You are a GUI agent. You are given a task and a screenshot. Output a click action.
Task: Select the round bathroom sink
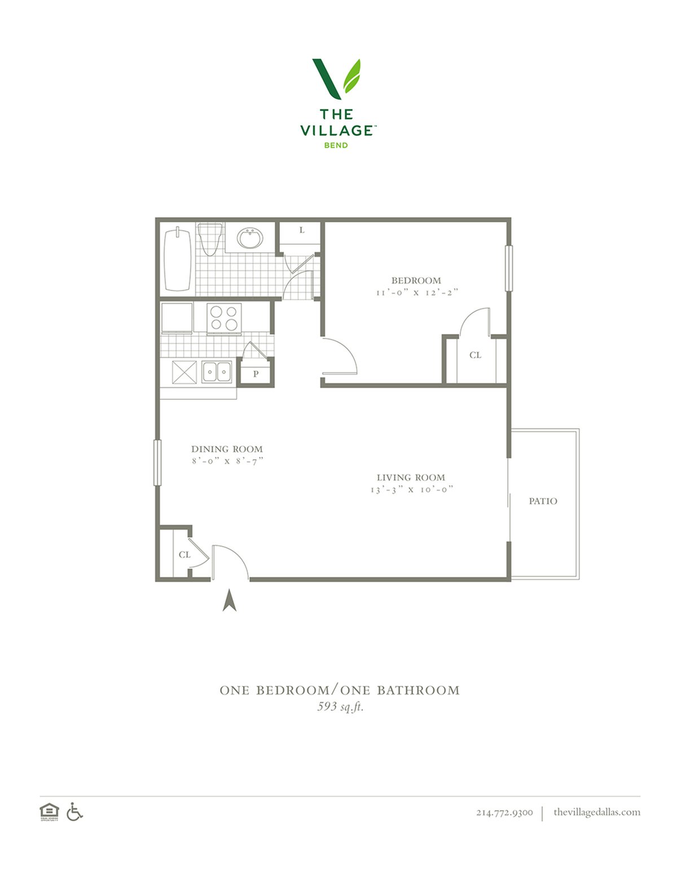point(249,238)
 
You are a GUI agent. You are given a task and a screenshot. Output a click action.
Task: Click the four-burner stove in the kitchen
point(224,319)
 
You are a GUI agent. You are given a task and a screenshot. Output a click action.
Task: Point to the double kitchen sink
point(217,371)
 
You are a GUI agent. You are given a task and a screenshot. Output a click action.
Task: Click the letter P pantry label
point(256,374)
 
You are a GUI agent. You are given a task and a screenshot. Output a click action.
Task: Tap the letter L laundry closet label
point(302,230)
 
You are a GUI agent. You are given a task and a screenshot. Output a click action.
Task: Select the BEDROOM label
point(416,280)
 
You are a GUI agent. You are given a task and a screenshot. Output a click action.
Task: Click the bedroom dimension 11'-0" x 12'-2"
point(417,293)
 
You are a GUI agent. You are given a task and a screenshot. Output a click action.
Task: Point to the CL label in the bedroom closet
point(476,355)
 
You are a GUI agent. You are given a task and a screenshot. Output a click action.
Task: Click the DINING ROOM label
point(227,448)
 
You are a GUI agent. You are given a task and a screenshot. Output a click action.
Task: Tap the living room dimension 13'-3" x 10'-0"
point(412,490)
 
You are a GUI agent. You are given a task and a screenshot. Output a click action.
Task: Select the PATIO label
point(543,501)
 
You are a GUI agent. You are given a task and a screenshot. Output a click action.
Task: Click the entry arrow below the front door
point(230,600)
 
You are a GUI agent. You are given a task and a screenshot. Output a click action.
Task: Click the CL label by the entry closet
point(184,554)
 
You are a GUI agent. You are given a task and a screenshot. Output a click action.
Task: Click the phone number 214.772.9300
point(504,812)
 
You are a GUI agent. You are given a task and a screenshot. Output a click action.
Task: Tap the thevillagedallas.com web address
point(597,812)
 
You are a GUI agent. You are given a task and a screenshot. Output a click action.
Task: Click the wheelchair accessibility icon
point(74,811)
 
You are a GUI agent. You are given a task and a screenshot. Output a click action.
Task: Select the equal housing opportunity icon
point(49,812)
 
